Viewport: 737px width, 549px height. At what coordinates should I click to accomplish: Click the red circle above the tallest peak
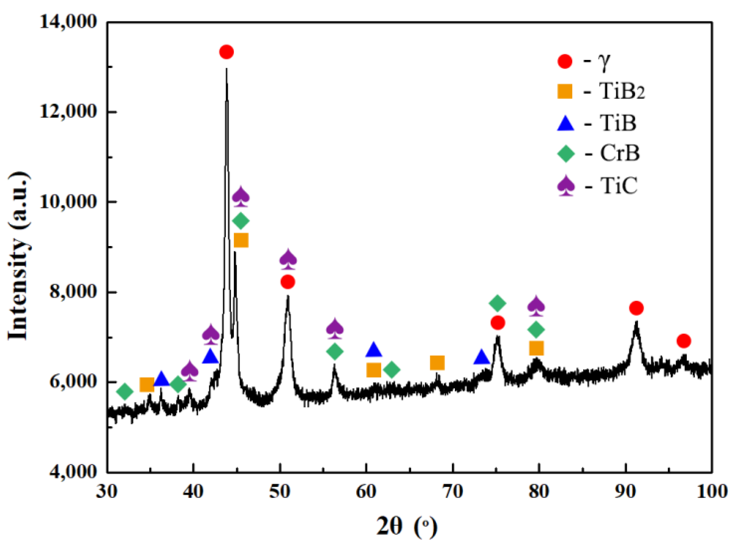(226, 52)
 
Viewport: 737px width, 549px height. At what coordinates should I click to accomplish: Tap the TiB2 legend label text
(622, 91)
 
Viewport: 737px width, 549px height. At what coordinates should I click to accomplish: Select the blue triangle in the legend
(566, 123)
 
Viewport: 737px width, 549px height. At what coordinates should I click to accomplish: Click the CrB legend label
(620, 153)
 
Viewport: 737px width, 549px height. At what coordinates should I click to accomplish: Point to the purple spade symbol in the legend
(566, 186)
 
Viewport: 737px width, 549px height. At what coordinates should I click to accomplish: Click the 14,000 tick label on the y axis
(68, 22)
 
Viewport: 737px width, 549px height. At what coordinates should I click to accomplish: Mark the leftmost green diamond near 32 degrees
(125, 391)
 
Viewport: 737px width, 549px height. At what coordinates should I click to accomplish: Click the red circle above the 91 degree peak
(636, 308)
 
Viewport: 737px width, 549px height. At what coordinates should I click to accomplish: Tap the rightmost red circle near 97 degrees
(684, 341)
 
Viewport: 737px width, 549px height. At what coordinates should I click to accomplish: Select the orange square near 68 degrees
(437, 363)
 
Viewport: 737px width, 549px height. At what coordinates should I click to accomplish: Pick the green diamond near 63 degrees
(391, 370)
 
